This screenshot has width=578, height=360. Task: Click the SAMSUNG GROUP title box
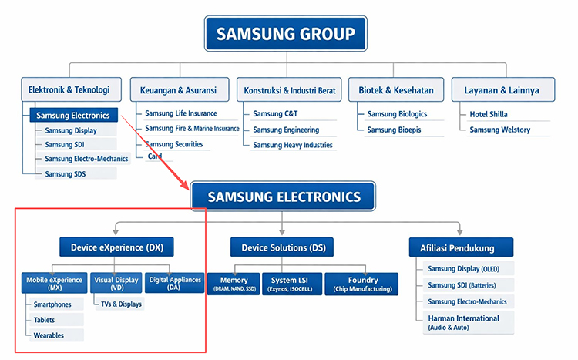point(285,34)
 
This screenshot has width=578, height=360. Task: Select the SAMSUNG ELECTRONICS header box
point(283,197)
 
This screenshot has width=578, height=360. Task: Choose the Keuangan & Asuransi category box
point(178,90)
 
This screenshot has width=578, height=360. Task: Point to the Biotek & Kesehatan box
point(395,90)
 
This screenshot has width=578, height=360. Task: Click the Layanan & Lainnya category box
point(502,90)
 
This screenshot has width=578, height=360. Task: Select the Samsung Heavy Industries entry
point(293,145)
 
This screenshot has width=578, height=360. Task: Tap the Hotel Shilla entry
point(489,114)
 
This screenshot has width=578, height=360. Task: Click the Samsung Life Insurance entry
point(181,114)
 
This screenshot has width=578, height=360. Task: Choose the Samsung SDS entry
point(66,173)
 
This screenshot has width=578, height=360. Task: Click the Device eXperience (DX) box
point(116,247)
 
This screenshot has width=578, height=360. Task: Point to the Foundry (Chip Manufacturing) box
point(362,284)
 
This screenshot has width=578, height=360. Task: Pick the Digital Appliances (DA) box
point(175,283)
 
